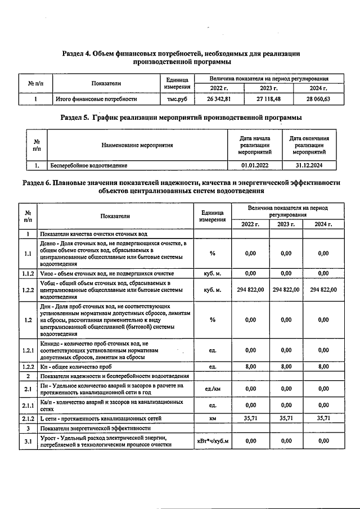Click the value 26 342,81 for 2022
218,99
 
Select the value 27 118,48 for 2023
268,99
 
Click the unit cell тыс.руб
177,99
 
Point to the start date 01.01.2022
254,165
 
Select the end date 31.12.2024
309,165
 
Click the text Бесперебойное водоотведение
89,165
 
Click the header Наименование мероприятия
137,145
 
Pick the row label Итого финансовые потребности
96,99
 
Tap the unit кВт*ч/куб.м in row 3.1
212,441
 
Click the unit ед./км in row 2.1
212,389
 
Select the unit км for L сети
212,418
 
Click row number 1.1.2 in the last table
28,273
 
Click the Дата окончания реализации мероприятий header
309,145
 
